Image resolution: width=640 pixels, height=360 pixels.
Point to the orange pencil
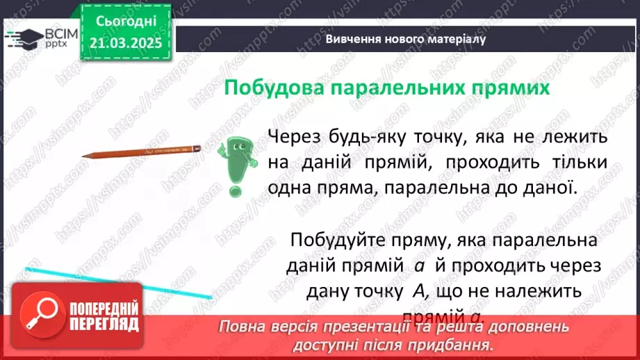tap(141, 152)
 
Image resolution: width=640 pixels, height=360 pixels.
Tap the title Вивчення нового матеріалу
tap(405, 39)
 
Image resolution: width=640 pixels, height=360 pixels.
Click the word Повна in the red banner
tap(243, 326)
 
